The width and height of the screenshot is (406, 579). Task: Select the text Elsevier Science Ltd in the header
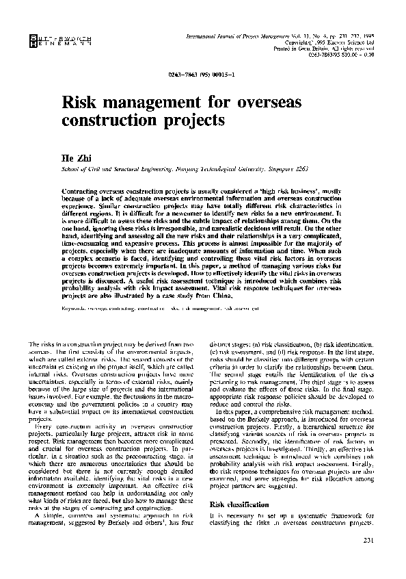pos(348,42)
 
